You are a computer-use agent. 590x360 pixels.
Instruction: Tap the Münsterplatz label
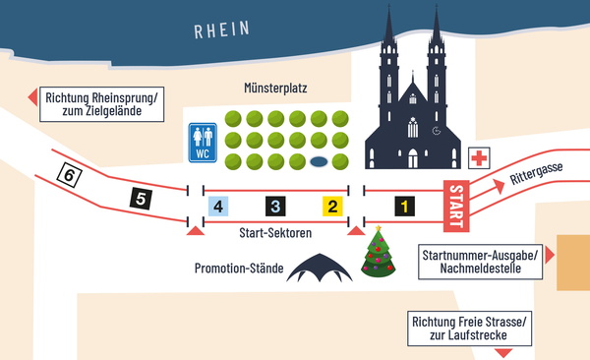[276, 89]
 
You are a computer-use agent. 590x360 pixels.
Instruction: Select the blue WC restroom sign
[204, 143]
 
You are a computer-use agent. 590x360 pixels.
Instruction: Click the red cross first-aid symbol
[480, 158]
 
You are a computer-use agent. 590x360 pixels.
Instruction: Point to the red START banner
[455, 207]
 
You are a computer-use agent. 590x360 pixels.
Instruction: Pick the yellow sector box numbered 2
[332, 206]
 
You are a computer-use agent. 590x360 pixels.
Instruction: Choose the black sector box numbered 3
[276, 206]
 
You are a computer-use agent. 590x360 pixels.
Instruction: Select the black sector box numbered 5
[142, 199]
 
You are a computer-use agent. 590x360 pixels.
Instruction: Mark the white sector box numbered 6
[68, 175]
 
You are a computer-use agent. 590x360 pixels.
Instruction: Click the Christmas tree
[378, 253]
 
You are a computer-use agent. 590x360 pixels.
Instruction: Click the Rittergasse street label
[537, 176]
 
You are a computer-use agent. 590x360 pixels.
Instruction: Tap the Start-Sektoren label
[275, 233]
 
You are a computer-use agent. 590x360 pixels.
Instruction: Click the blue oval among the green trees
[319, 161]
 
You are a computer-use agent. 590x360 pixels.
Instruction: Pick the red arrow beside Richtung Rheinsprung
[30, 96]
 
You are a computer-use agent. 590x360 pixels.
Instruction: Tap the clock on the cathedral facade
[436, 129]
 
